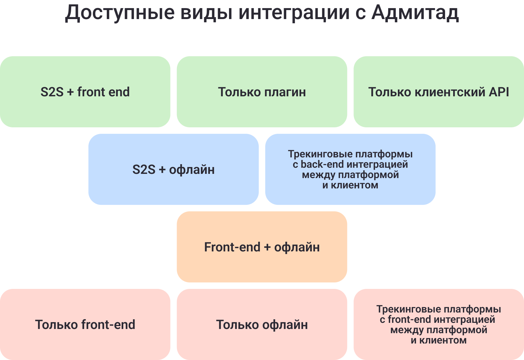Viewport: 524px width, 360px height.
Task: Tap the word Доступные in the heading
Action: click(x=120, y=13)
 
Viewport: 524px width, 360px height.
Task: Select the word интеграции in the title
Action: click(x=294, y=13)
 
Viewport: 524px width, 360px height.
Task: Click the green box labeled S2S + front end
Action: click(x=85, y=92)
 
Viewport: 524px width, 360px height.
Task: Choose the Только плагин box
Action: click(x=262, y=92)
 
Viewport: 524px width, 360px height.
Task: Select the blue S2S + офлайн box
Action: click(x=174, y=169)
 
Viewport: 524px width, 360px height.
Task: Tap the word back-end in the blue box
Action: click(x=322, y=164)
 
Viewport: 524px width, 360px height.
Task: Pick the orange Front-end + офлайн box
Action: click(x=262, y=247)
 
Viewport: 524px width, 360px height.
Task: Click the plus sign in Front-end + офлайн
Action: click(x=267, y=247)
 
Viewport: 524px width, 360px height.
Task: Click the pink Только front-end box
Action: click(x=85, y=324)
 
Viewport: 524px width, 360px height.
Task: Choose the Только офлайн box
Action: click(x=262, y=324)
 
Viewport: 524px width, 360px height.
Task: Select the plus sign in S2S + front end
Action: click(x=71, y=92)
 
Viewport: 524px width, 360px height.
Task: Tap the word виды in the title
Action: click(x=207, y=13)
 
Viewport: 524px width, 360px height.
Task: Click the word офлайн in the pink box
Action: click(x=285, y=325)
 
